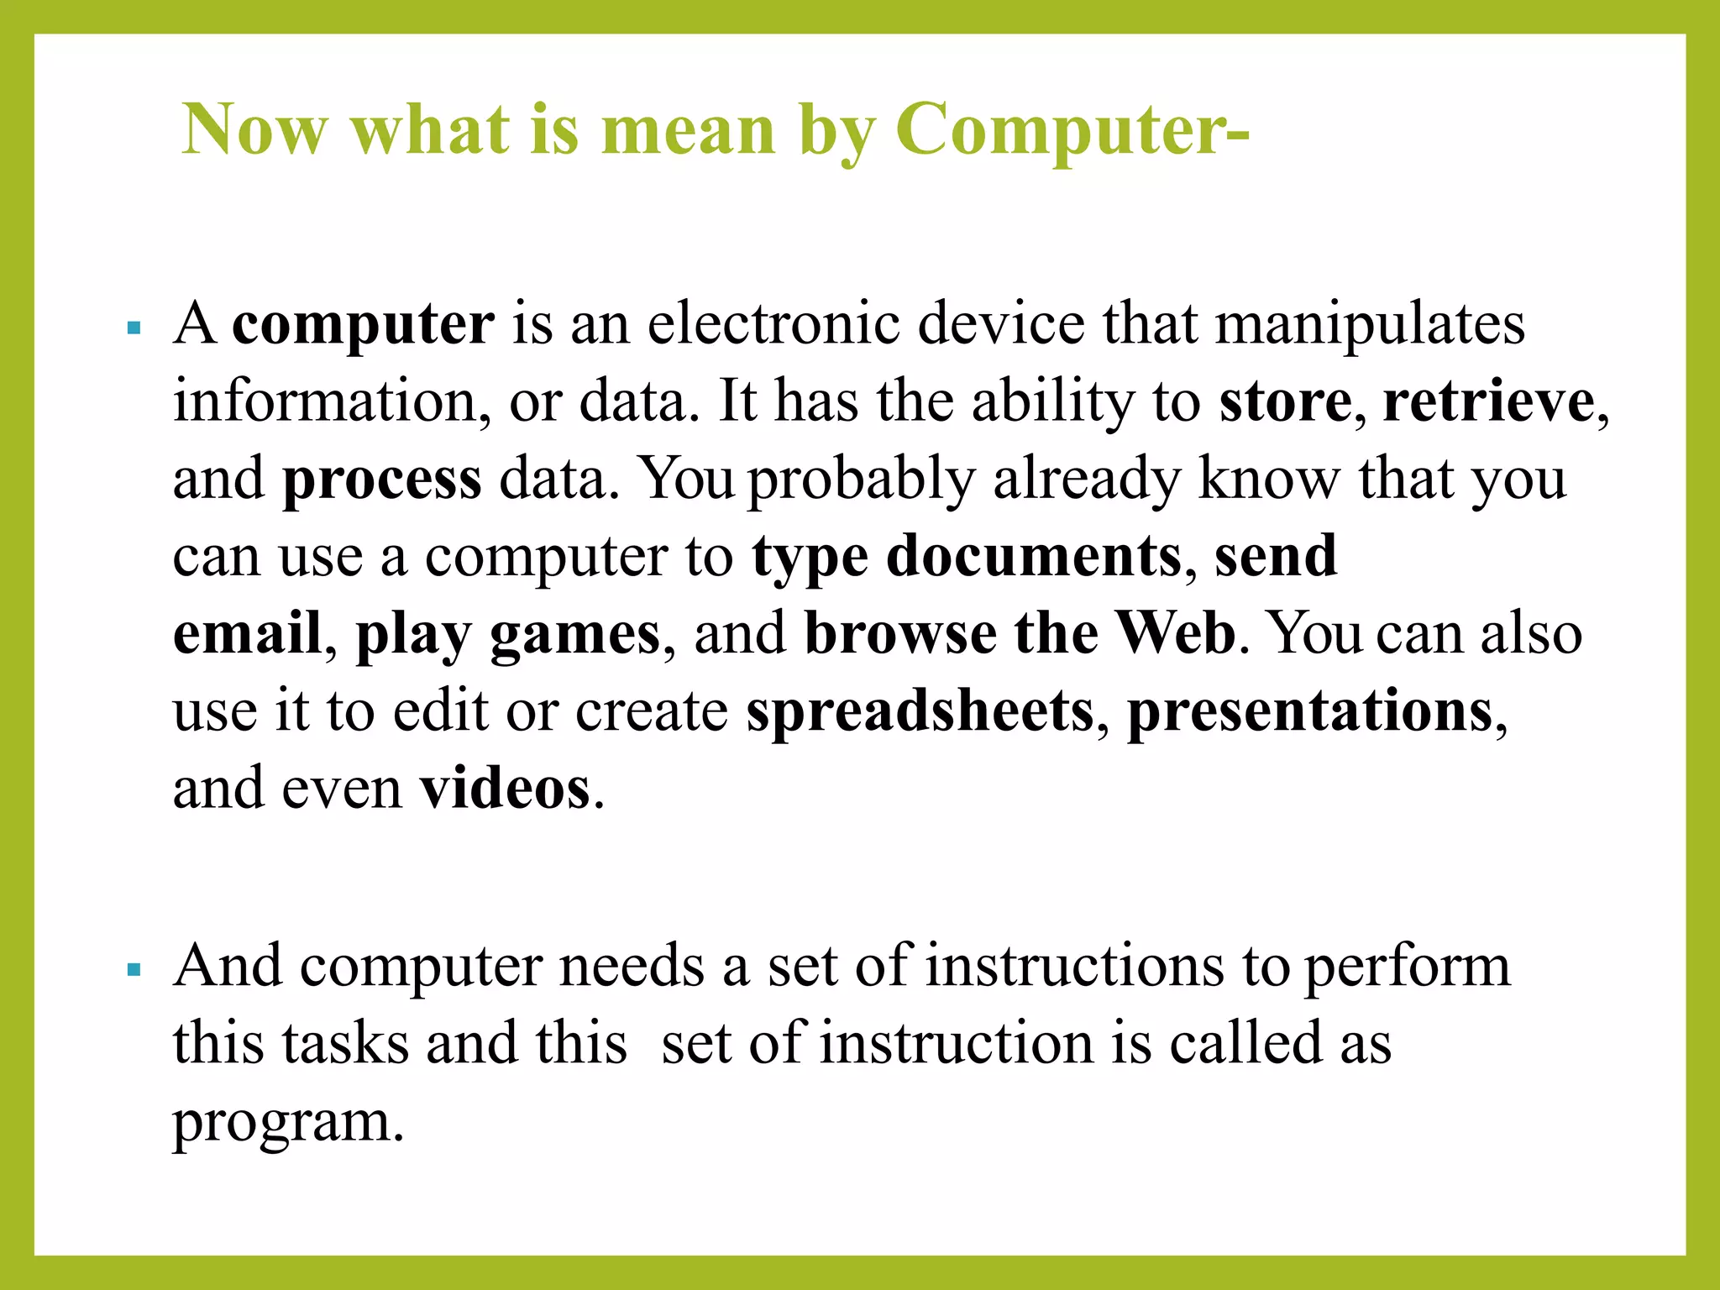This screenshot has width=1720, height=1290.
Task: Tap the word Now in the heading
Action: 254,130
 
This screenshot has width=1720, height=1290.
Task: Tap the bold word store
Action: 1285,401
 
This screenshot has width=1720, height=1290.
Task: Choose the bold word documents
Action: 1034,556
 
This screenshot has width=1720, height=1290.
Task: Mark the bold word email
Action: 247,633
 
